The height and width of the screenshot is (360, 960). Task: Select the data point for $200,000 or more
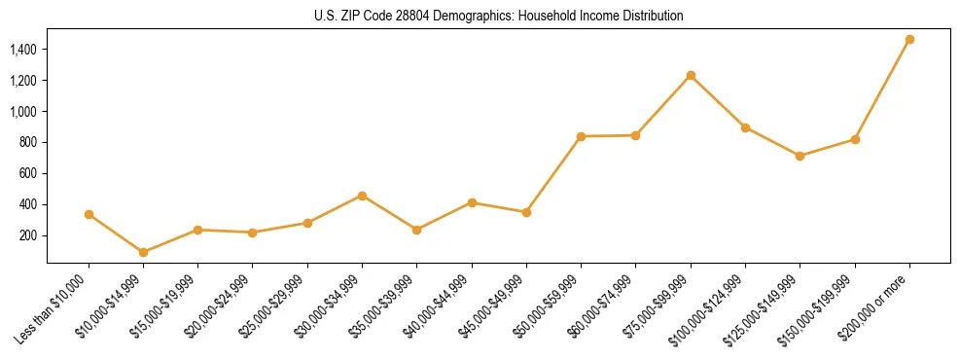click(909, 40)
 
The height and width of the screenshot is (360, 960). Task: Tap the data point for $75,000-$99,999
click(691, 75)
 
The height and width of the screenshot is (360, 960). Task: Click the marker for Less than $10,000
click(89, 214)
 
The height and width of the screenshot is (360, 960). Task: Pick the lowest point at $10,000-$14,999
click(143, 252)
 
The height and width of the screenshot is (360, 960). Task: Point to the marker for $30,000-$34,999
click(362, 196)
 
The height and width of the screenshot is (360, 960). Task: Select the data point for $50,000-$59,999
click(581, 136)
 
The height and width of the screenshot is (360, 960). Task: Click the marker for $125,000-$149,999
click(800, 156)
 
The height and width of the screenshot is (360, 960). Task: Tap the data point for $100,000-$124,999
click(745, 127)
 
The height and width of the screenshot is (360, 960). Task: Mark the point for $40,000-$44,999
click(472, 202)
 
